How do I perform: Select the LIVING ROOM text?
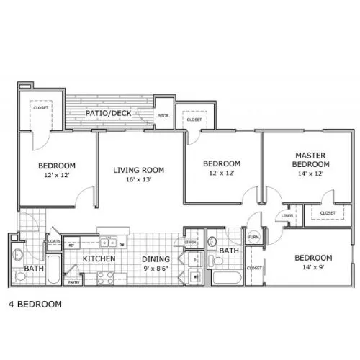(x=139, y=170)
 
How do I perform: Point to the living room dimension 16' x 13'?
(x=139, y=181)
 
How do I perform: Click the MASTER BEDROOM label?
(x=312, y=159)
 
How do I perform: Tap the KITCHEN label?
(x=99, y=258)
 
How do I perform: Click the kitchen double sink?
(x=110, y=243)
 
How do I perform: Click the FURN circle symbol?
(x=254, y=238)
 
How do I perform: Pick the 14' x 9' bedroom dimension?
(x=312, y=268)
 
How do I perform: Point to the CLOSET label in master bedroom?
(x=328, y=213)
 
